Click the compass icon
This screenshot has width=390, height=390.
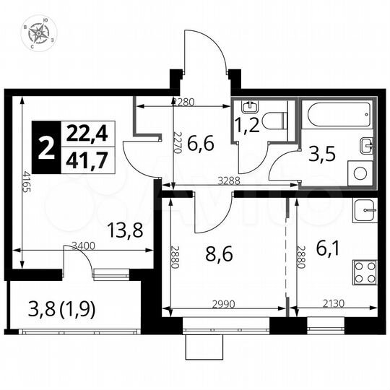pyautogui.click(x=36, y=35)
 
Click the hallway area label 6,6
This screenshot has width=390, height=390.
pyautogui.click(x=200, y=144)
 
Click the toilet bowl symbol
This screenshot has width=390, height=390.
pyautogui.click(x=274, y=120)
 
